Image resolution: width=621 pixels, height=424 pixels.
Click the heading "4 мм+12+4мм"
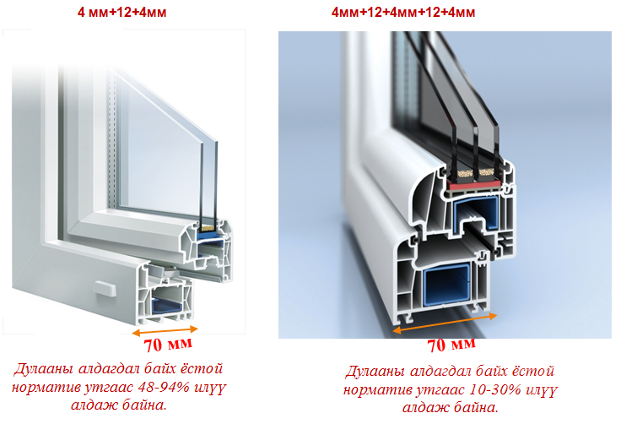click(121, 13)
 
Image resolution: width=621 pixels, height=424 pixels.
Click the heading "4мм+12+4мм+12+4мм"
click(403, 13)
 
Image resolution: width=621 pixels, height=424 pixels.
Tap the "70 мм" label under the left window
click(168, 345)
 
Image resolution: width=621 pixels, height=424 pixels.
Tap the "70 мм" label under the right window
click(451, 345)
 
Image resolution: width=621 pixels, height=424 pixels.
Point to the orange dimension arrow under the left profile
click(165, 330)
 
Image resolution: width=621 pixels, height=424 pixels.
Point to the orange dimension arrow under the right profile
click(445, 323)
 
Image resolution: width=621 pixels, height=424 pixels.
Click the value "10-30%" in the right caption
click(494, 389)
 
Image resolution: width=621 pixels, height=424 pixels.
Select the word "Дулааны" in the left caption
click(44, 369)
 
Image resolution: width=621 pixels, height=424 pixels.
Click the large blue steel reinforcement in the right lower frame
click(446, 285)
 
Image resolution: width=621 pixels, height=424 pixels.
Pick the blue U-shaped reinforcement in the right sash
click(477, 212)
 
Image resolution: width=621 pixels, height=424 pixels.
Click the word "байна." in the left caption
click(143, 405)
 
